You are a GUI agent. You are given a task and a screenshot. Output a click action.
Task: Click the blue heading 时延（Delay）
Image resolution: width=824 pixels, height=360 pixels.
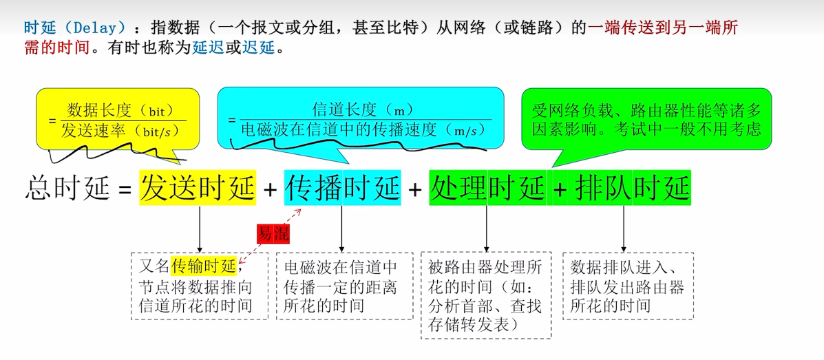tap(75, 28)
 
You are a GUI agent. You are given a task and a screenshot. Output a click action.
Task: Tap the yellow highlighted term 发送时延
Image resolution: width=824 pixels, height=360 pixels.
tap(198, 188)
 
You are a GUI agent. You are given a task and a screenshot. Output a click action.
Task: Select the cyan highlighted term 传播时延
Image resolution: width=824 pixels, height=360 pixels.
tap(342, 188)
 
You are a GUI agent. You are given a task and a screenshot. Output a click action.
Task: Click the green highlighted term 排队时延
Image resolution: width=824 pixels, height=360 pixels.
tap(632, 188)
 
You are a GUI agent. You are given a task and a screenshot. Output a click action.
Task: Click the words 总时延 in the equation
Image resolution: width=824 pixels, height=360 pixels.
tap(67, 188)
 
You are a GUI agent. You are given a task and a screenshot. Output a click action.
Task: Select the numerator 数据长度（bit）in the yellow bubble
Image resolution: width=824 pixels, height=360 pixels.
tap(116, 110)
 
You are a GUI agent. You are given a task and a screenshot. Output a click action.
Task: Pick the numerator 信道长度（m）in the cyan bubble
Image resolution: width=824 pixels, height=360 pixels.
tap(361, 109)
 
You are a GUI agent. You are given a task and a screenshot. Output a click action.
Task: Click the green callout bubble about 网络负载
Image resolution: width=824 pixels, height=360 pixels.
tap(646, 120)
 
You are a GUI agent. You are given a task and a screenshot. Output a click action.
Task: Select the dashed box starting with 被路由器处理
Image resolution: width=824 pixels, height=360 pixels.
tap(485, 295)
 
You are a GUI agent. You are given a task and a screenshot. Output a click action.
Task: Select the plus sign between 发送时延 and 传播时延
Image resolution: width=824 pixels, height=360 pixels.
tap(270, 189)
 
